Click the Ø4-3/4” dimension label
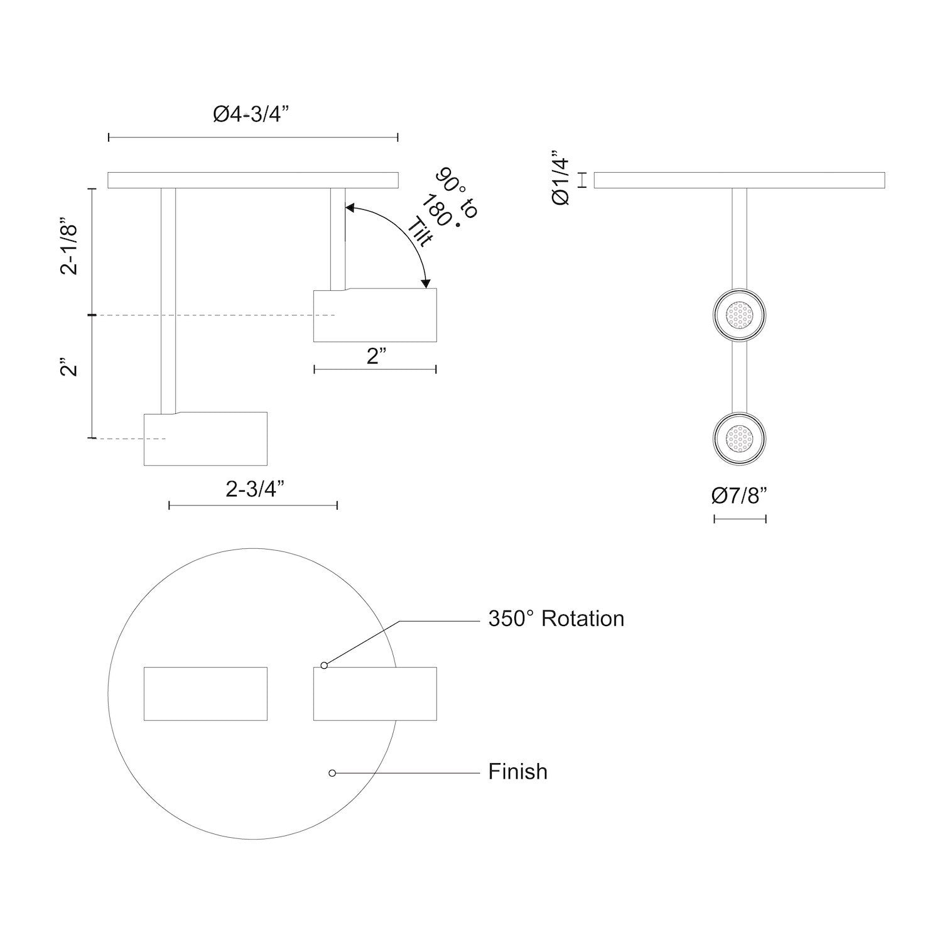pos(251,115)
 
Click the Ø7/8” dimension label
pos(740,496)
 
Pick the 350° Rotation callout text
pos(556,619)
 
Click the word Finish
pos(517,771)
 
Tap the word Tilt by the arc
pos(420,232)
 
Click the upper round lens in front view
pos(740,315)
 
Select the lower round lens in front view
pos(740,438)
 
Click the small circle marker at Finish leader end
pos(332,773)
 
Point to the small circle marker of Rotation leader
pos(324,665)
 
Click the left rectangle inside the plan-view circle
pos(205,693)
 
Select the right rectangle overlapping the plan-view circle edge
pos(374,693)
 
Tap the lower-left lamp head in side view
pos(205,439)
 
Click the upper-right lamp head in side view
pos(374,315)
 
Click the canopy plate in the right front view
pos(739,180)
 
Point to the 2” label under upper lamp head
pos(376,357)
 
